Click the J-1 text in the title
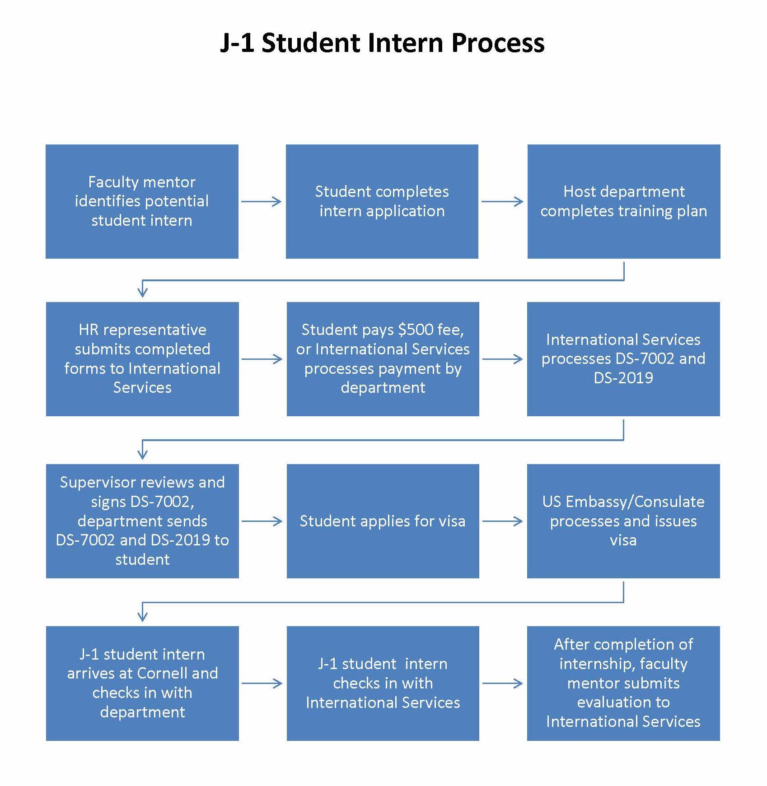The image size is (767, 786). click(238, 43)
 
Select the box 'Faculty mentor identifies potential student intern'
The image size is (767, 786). click(142, 201)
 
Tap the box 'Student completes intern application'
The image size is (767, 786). click(382, 201)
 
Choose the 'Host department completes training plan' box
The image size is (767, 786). click(623, 201)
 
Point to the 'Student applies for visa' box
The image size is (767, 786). click(383, 521)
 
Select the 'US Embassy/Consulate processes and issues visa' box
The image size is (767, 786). click(623, 521)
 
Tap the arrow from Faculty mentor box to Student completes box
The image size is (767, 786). click(262, 201)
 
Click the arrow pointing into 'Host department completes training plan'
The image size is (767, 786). click(502, 201)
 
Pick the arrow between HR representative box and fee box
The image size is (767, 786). click(262, 359)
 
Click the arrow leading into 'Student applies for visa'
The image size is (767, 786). click(262, 521)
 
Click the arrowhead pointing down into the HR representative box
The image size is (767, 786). click(142, 291)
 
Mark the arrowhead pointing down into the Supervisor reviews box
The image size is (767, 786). click(142, 453)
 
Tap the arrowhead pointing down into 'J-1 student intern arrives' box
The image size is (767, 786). click(142, 615)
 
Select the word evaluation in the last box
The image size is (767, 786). click(623, 702)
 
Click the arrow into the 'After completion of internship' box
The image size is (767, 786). click(502, 683)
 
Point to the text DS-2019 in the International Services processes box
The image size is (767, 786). click(623, 378)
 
